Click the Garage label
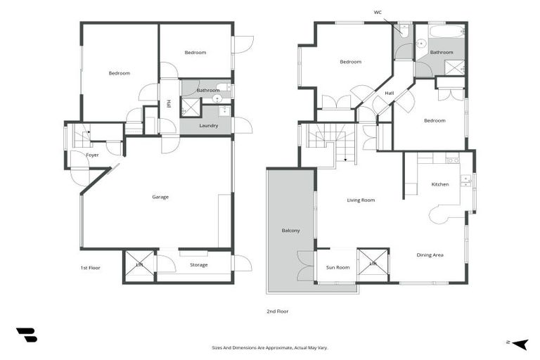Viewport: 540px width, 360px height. pos(160,197)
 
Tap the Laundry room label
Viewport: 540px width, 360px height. pos(208,126)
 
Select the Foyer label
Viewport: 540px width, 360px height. pos(92,155)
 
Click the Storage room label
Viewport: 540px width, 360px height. pos(198,265)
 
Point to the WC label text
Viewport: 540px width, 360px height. pos(378,12)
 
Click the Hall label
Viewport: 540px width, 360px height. pos(389,93)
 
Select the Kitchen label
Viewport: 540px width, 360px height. pos(440,184)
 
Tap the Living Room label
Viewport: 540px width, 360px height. pos(361,200)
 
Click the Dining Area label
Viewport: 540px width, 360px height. pos(430,255)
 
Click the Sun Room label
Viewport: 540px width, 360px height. pos(337,267)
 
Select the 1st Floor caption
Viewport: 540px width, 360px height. pos(90,268)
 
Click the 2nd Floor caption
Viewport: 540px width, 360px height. pos(278,311)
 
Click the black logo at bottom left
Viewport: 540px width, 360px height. pos(26,335)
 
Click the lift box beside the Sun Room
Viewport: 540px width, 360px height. pos(373,264)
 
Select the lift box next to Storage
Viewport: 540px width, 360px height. pos(139,266)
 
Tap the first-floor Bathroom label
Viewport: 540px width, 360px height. pos(208,90)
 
